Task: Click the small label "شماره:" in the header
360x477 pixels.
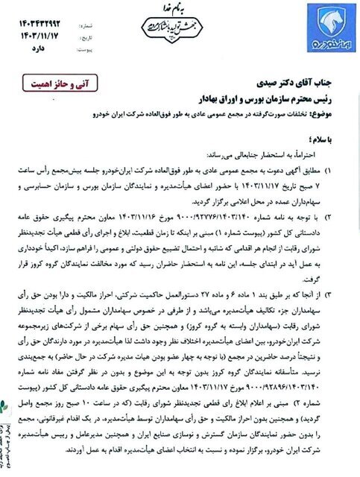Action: (88, 11)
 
